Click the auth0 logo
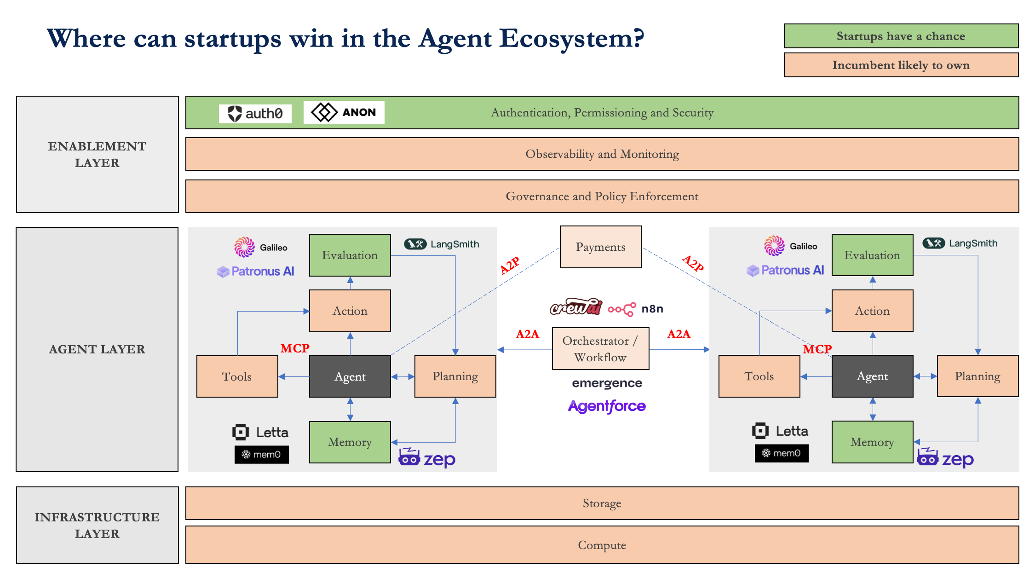(x=255, y=113)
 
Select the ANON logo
(x=344, y=112)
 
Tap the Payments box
(x=600, y=247)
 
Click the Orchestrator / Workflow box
(x=600, y=349)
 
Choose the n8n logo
(x=636, y=309)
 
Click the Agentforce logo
(x=607, y=406)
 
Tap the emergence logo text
(x=607, y=383)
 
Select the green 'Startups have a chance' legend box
(x=901, y=36)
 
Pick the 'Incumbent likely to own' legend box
(x=901, y=65)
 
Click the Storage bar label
(x=602, y=503)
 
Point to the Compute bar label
(x=602, y=545)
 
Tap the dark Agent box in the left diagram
(x=350, y=376)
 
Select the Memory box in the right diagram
(x=872, y=442)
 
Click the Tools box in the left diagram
(x=237, y=376)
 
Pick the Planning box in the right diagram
(x=977, y=376)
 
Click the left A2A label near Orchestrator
(x=527, y=334)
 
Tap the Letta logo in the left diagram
(x=260, y=432)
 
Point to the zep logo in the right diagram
(x=945, y=458)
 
